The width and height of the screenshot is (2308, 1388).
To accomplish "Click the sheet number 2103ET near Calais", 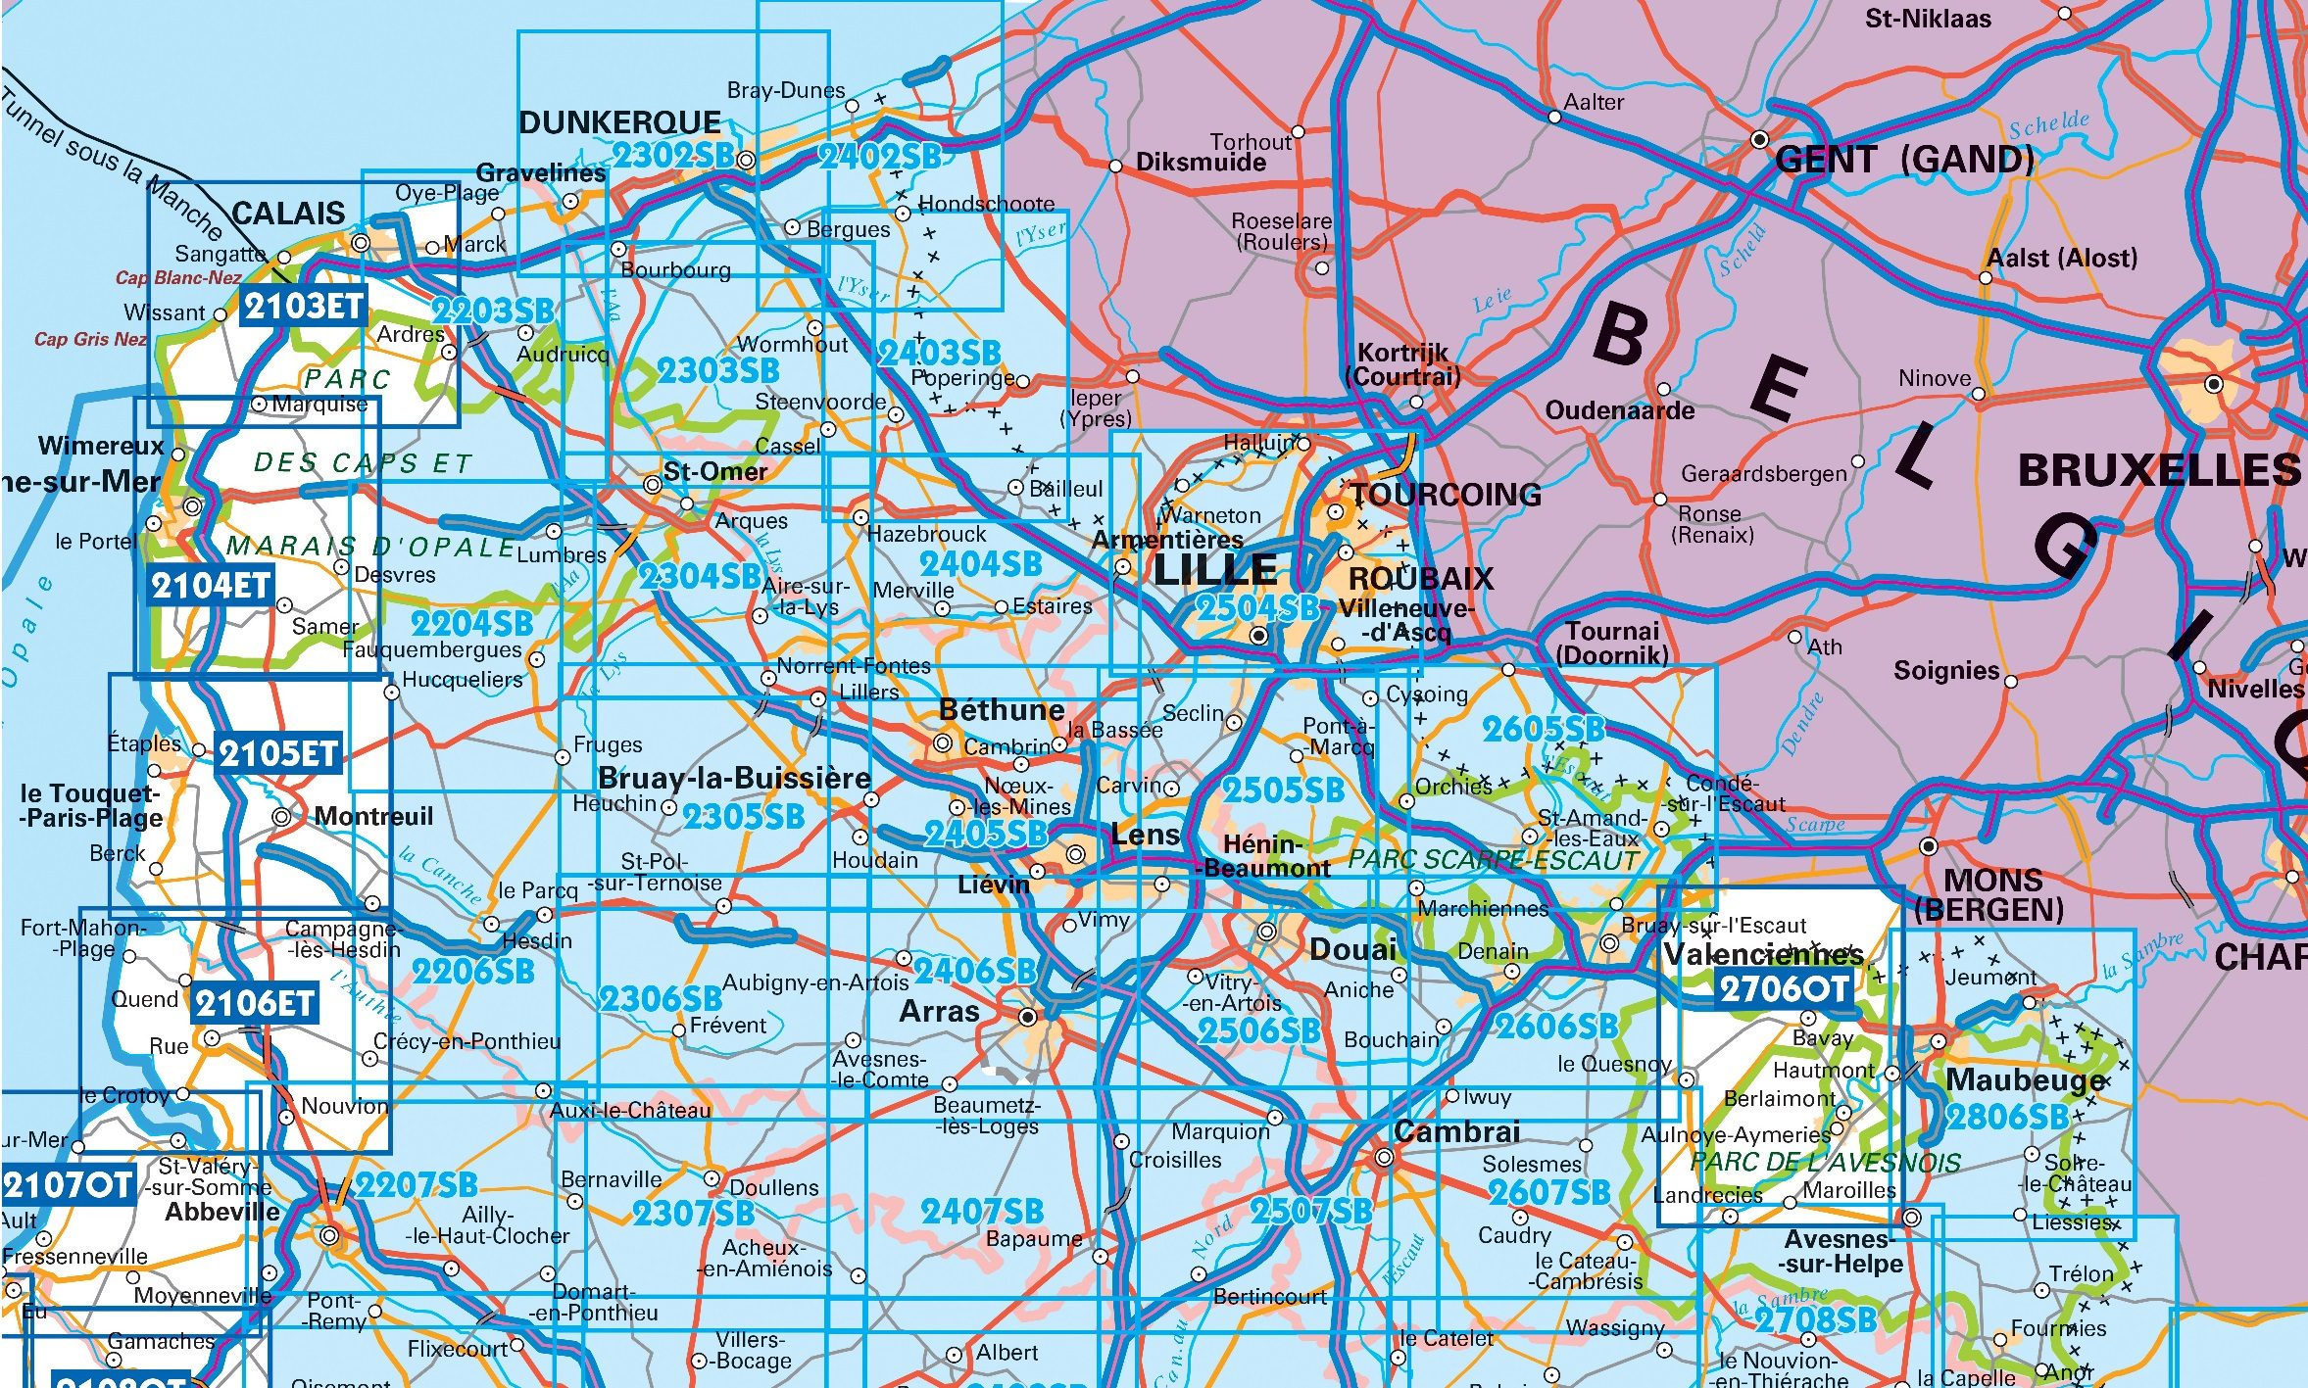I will coord(303,308).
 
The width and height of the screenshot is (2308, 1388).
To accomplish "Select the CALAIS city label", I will coord(288,214).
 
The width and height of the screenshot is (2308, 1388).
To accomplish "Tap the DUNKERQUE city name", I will coord(619,123).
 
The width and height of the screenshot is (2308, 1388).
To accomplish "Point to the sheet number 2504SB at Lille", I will coord(1257,608).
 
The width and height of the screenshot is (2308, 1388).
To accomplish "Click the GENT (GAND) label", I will coord(1903,160).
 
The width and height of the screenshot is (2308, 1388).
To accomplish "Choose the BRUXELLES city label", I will coord(2158,471).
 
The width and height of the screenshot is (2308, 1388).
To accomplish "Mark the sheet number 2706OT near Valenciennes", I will coord(1783,989).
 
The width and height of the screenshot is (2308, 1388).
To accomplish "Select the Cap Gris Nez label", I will coord(90,340).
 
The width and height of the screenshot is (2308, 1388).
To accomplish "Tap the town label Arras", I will coord(939,1012).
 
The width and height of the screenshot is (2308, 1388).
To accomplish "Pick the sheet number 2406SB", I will coord(975,971).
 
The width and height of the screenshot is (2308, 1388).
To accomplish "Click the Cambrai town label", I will coord(1456,1132).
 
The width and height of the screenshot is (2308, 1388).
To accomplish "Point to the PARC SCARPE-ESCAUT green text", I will coord(1493,860).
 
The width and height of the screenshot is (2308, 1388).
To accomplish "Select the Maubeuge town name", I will coord(2025,1080).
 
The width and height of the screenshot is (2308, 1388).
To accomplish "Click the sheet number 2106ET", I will coord(255,1004).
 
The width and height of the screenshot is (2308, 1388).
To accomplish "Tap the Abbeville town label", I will coord(222,1212).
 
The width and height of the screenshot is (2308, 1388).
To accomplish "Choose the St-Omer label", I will coord(714,472).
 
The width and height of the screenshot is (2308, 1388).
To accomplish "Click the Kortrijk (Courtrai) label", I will coord(1402,364).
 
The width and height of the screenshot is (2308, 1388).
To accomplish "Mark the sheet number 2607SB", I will coord(1548,1192).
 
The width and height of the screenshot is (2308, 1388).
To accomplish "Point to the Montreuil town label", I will coord(373,817).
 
